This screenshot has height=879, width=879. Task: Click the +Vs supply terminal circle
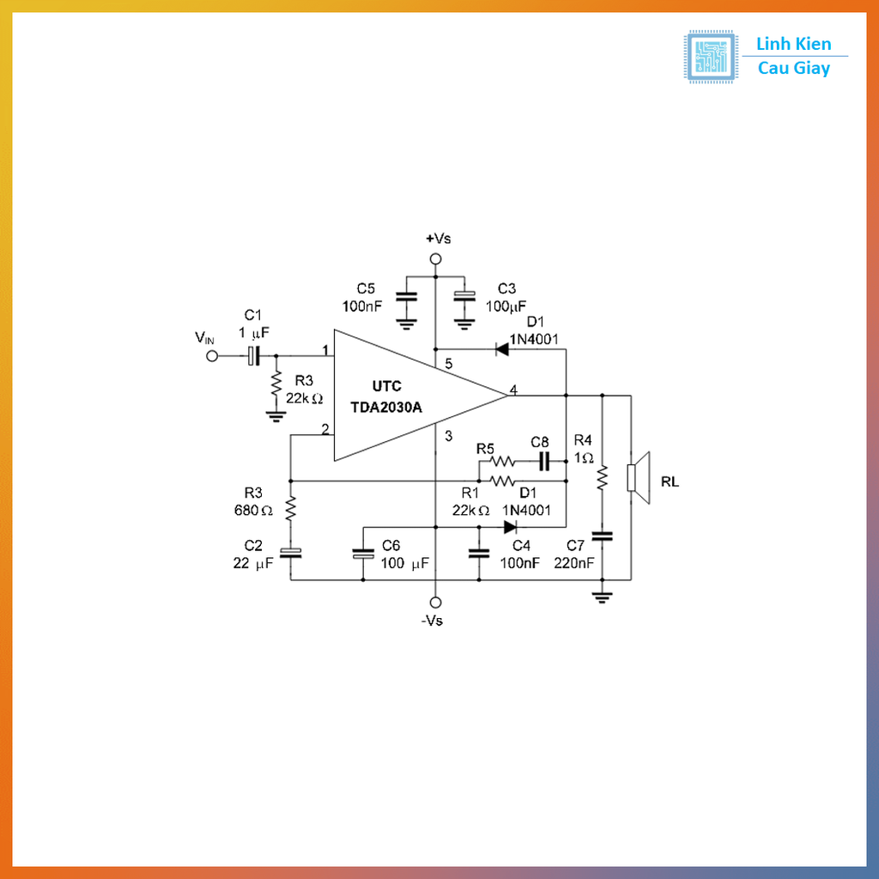coord(435,259)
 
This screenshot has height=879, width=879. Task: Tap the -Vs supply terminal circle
coord(435,602)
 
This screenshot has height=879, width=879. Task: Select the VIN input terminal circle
coord(212,356)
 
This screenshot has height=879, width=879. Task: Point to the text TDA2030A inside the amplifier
coord(386,408)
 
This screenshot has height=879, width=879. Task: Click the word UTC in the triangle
coord(386,386)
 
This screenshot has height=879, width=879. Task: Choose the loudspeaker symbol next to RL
coord(639,473)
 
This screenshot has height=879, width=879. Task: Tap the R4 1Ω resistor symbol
coord(602,477)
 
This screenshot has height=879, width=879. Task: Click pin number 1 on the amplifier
coord(325,349)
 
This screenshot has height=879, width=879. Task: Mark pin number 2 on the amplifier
coord(324,429)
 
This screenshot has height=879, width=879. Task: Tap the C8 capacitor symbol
coord(543,462)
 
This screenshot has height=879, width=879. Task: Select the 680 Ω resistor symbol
coord(290,508)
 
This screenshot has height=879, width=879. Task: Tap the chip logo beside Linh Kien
coord(710,57)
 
